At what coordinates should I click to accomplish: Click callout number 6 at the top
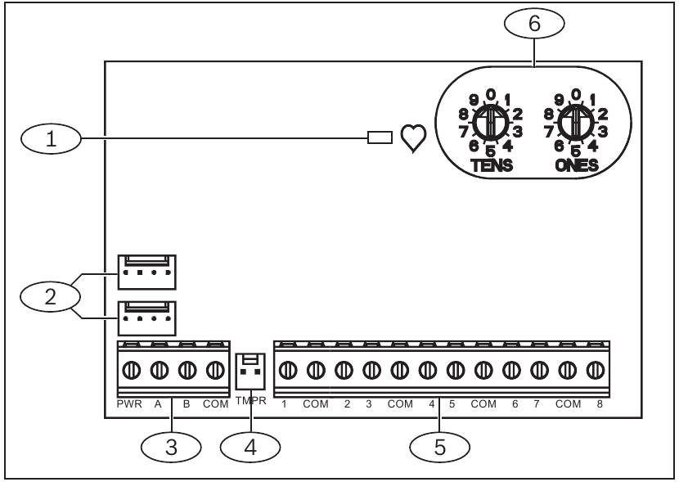(534, 25)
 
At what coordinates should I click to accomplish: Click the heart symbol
(412, 140)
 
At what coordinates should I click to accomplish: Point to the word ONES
(576, 165)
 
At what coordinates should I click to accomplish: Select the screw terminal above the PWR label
(133, 370)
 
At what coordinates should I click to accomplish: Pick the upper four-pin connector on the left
(147, 272)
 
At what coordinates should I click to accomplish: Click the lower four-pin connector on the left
(147, 318)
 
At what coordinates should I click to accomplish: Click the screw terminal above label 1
(287, 370)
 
